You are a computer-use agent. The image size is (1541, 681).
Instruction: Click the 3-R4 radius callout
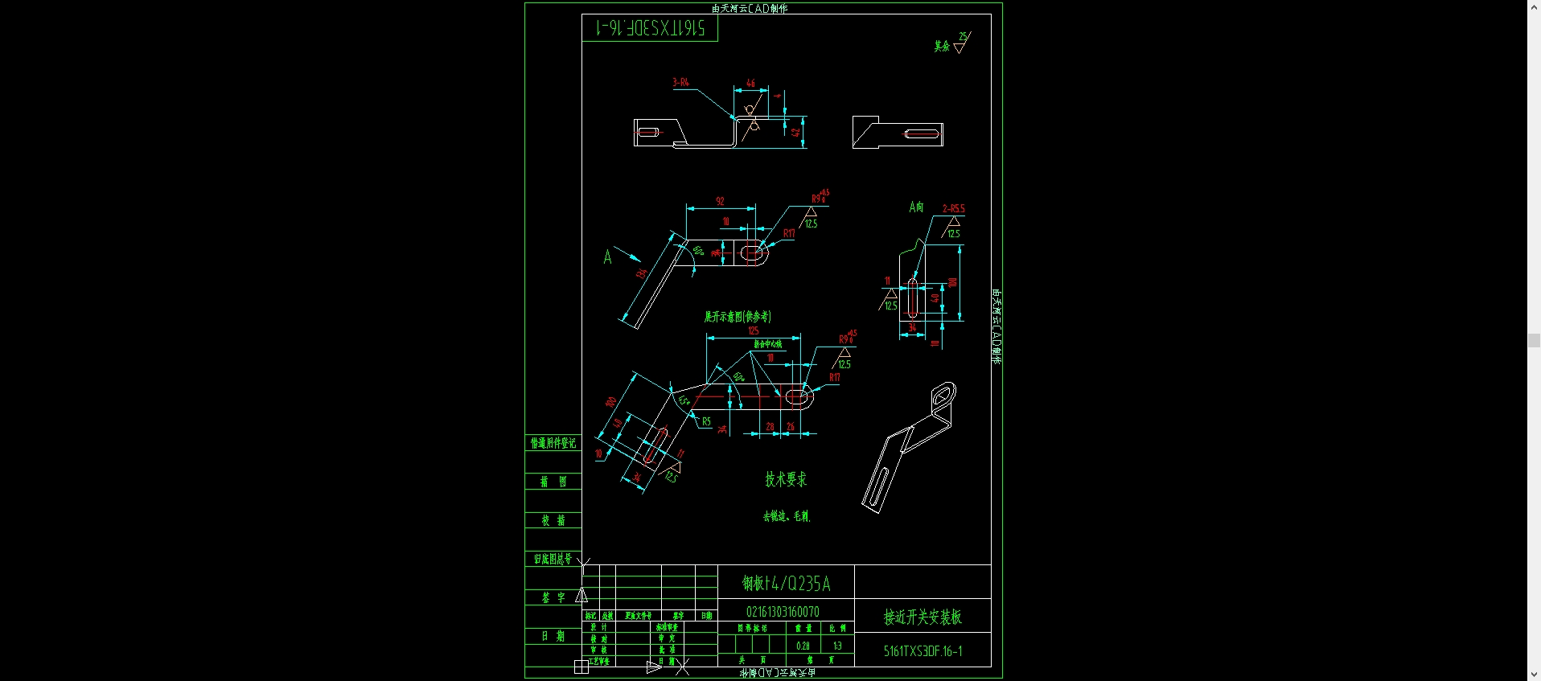[680, 82]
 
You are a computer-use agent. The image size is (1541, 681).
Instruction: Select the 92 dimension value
[720, 201]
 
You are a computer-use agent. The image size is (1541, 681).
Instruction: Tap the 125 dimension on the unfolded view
[753, 330]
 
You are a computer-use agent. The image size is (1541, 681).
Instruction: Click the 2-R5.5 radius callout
[953, 208]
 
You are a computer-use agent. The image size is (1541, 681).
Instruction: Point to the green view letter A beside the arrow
[607, 257]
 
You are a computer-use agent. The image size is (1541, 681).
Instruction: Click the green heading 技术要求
[785, 479]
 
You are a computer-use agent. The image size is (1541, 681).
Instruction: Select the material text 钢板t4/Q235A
[786, 584]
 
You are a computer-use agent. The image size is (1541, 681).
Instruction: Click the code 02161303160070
[783, 612]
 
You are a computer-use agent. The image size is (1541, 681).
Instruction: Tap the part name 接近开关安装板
[923, 617]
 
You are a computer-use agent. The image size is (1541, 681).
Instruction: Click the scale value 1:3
[837, 646]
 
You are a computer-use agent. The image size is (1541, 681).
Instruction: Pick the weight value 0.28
[803, 646]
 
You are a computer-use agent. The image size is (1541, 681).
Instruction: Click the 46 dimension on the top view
[750, 83]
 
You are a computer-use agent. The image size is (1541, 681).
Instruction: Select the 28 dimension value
[770, 426]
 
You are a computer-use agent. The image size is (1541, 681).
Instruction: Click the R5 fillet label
[706, 421]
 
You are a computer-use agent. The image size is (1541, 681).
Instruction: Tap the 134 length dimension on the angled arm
[641, 273]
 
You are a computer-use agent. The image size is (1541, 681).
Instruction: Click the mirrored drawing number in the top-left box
[650, 29]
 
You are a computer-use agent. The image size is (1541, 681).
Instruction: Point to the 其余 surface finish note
[942, 46]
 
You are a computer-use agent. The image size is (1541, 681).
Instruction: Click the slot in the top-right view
[923, 133]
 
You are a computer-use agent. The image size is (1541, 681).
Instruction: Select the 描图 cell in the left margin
[553, 482]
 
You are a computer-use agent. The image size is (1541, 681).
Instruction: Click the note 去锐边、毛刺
[786, 516]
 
